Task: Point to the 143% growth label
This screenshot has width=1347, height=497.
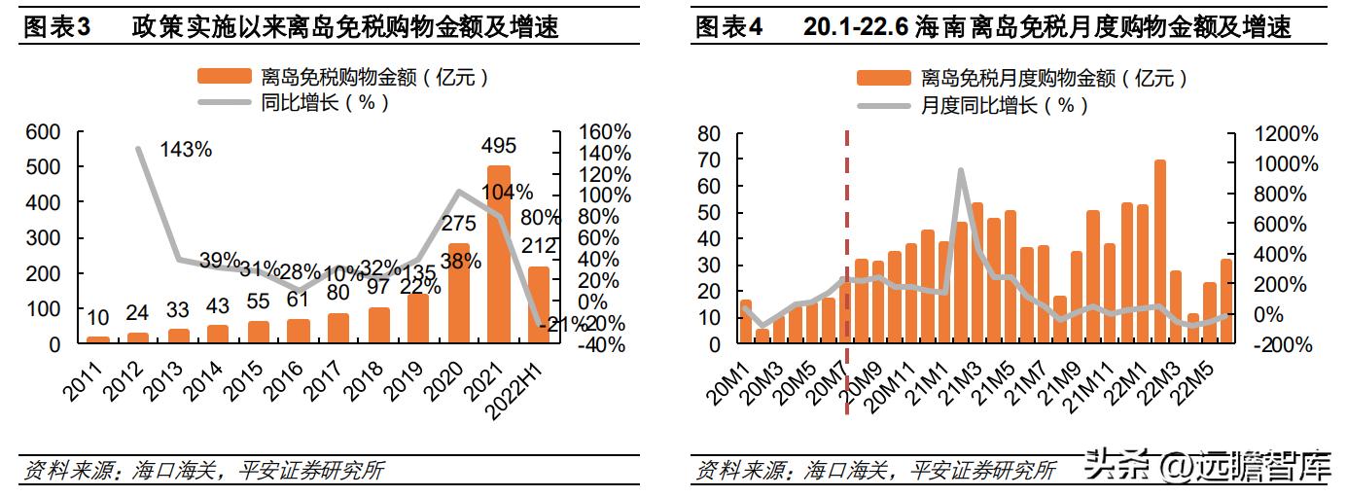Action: (x=185, y=150)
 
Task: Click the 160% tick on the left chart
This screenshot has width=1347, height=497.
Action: (x=604, y=132)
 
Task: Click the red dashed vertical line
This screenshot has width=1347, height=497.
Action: (x=846, y=272)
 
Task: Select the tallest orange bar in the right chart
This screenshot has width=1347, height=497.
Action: (x=1160, y=252)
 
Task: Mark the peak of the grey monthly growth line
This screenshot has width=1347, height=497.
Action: (x=961, y=170)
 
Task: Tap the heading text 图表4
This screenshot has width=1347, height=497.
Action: (x=729, y=27)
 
